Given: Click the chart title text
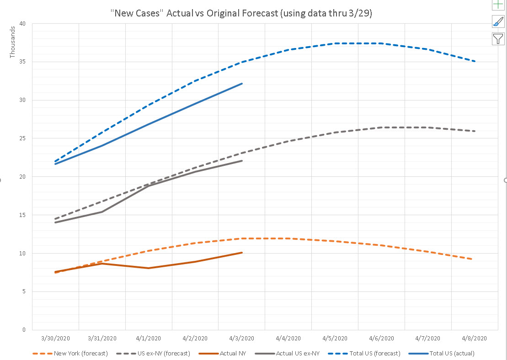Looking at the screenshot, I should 241,13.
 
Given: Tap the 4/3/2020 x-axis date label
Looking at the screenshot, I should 241,339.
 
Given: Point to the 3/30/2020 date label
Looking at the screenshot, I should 55,339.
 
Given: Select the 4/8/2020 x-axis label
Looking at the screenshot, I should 475,339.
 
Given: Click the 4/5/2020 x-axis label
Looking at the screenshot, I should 335,339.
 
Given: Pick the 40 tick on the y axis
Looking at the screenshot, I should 22,24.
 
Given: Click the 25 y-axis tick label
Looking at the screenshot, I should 22,138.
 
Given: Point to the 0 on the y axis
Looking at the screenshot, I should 24,329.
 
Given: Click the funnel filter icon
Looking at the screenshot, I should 498,39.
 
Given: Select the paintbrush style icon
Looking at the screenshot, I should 498,21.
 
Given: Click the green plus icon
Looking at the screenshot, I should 498,5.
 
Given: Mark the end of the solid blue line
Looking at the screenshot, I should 241,84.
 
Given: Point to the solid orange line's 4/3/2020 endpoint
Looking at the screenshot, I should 241,252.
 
